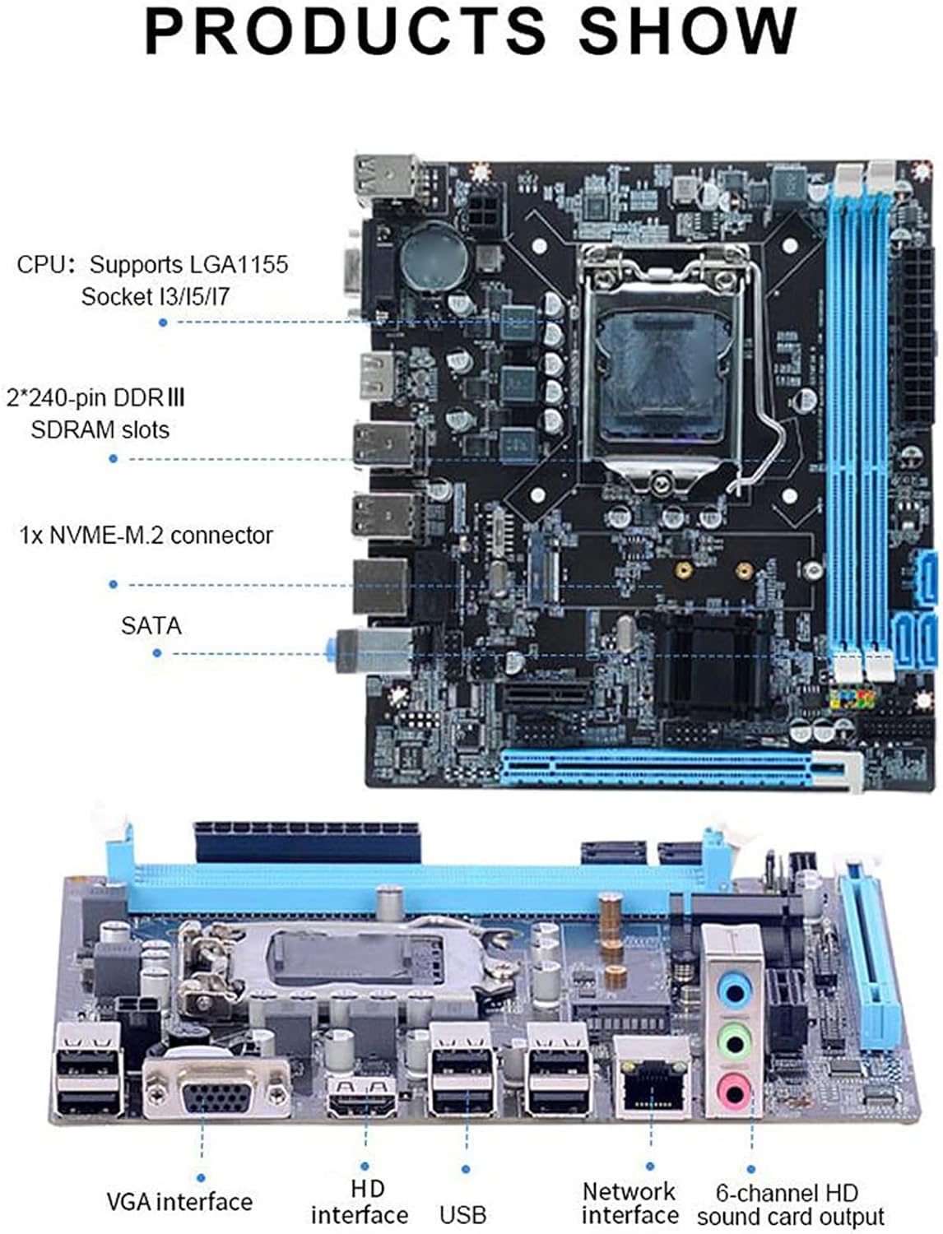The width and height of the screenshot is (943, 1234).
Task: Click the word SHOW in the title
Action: coord(688,30)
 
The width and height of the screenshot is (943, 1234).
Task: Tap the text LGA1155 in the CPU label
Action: coord(238,265)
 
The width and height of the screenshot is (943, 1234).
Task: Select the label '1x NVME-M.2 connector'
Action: coord(146,536)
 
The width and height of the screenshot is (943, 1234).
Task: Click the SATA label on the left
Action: coord(151,626)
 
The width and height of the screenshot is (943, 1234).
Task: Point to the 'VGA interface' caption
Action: coord(179,1202)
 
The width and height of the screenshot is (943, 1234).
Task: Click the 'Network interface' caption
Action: coord(629,1203)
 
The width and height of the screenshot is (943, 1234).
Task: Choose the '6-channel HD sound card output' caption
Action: coord(790,1204)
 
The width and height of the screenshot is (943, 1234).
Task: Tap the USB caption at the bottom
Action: coord(462,1214)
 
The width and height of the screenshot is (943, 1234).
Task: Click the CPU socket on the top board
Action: coord(667,362)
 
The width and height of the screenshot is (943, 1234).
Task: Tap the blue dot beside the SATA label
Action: coord(157,653)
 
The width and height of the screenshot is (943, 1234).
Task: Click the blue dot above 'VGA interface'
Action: coord(200,1179)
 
